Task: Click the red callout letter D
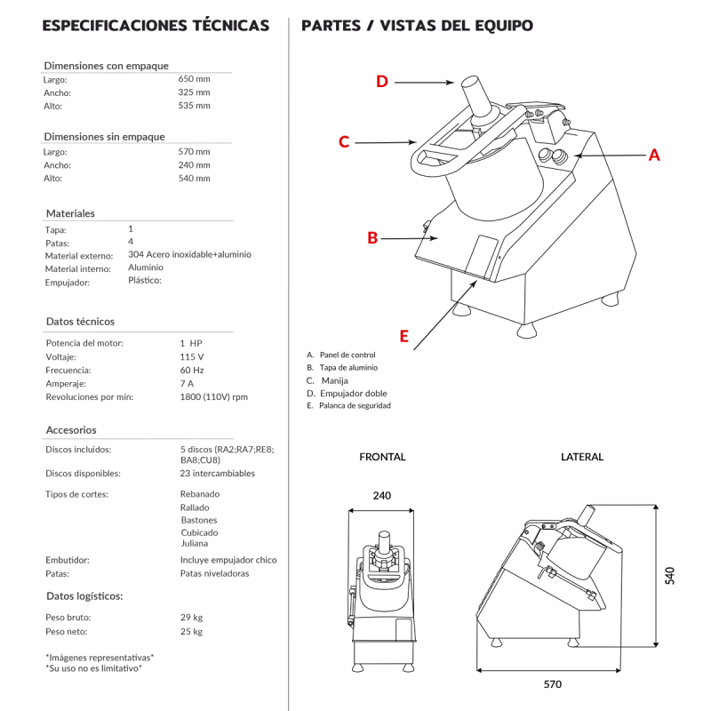pyautogui.click(x=382, y=82)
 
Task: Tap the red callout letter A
pyautogui.click(x=653, y=155)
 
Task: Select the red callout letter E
pyautogui.click(x=403, y=336)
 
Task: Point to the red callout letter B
pyautogui.click(x=372, y=237)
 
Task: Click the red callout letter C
pyautogui.click(x=344, y=142)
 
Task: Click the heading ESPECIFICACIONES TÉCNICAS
pyautogui.click(x=156, y=26)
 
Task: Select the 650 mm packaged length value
pyautogui.click(x=194, y=78)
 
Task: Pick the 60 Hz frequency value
pyautogui.click(x=192, y=370)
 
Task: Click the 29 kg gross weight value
pyautogui.click(x=191, y=617)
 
